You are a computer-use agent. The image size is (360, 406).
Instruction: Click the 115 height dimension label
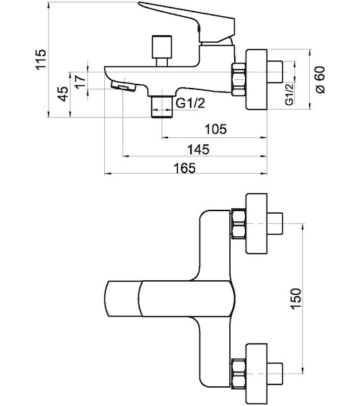pyautogui.click(x=41, y=59)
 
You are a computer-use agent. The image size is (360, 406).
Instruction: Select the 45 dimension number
pyautogui.click(x=63, y=94)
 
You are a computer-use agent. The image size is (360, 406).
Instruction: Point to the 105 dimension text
pyautogui.click(x=215, y=129)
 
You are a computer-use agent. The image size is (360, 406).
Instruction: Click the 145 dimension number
pyautogui.click(x=198, y=150)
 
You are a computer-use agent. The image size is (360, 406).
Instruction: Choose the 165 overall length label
pyautogui.click(x=185, y=168)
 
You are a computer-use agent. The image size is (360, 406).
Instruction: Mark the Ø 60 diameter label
pyautogui.click(x=320, y=80)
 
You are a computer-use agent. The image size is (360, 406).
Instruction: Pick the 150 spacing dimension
pyautogui.click(x=296, y=298)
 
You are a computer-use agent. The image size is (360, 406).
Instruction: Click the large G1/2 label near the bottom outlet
pyautogui.click(x=190, y=104)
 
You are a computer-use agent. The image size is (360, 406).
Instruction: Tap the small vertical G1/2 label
pyautogui.click(x=290, y=94)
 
